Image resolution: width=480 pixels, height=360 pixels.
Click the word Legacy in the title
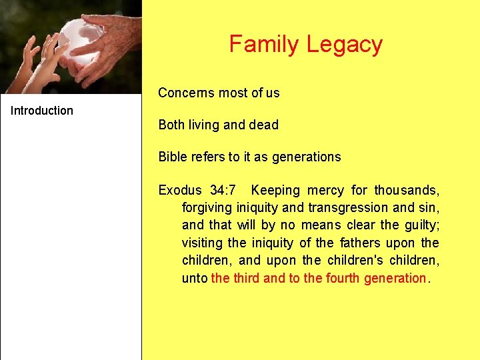point(344,45)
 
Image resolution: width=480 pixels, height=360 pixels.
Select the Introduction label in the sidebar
point(42,111)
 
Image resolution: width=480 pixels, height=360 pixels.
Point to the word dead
point(263,125)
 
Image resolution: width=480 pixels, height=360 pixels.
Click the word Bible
point(172,157)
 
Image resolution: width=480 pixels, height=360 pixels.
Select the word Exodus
point(179,191)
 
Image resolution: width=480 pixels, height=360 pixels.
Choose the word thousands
point(407,191)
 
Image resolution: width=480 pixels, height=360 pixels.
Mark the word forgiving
point(207,208)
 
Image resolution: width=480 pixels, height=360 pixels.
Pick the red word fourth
point(343,277)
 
